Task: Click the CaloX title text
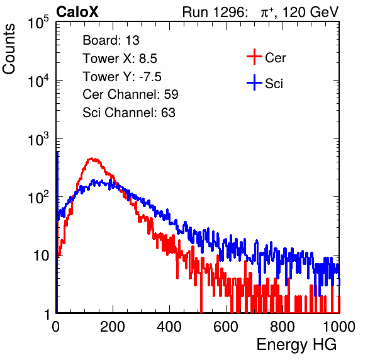tap(77, 12)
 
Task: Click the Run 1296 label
tap(215, 12)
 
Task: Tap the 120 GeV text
tap(310, 12)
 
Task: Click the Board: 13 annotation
tap(111, 40)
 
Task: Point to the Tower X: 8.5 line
tap(120, 59)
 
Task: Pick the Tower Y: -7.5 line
tap(122, 76)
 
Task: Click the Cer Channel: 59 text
tap(130, 94)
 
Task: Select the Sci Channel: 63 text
tap(129, 113)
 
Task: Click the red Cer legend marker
tap(254, 57)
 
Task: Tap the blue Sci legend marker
tap(254, 82)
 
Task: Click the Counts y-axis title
tap(9, 49)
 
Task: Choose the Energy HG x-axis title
tap(296, 345)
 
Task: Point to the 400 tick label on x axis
tap(169, 327)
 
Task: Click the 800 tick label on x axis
tap(283, 327)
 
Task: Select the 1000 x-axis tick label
tap(339, 327)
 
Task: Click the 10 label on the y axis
tap(41, 256)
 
